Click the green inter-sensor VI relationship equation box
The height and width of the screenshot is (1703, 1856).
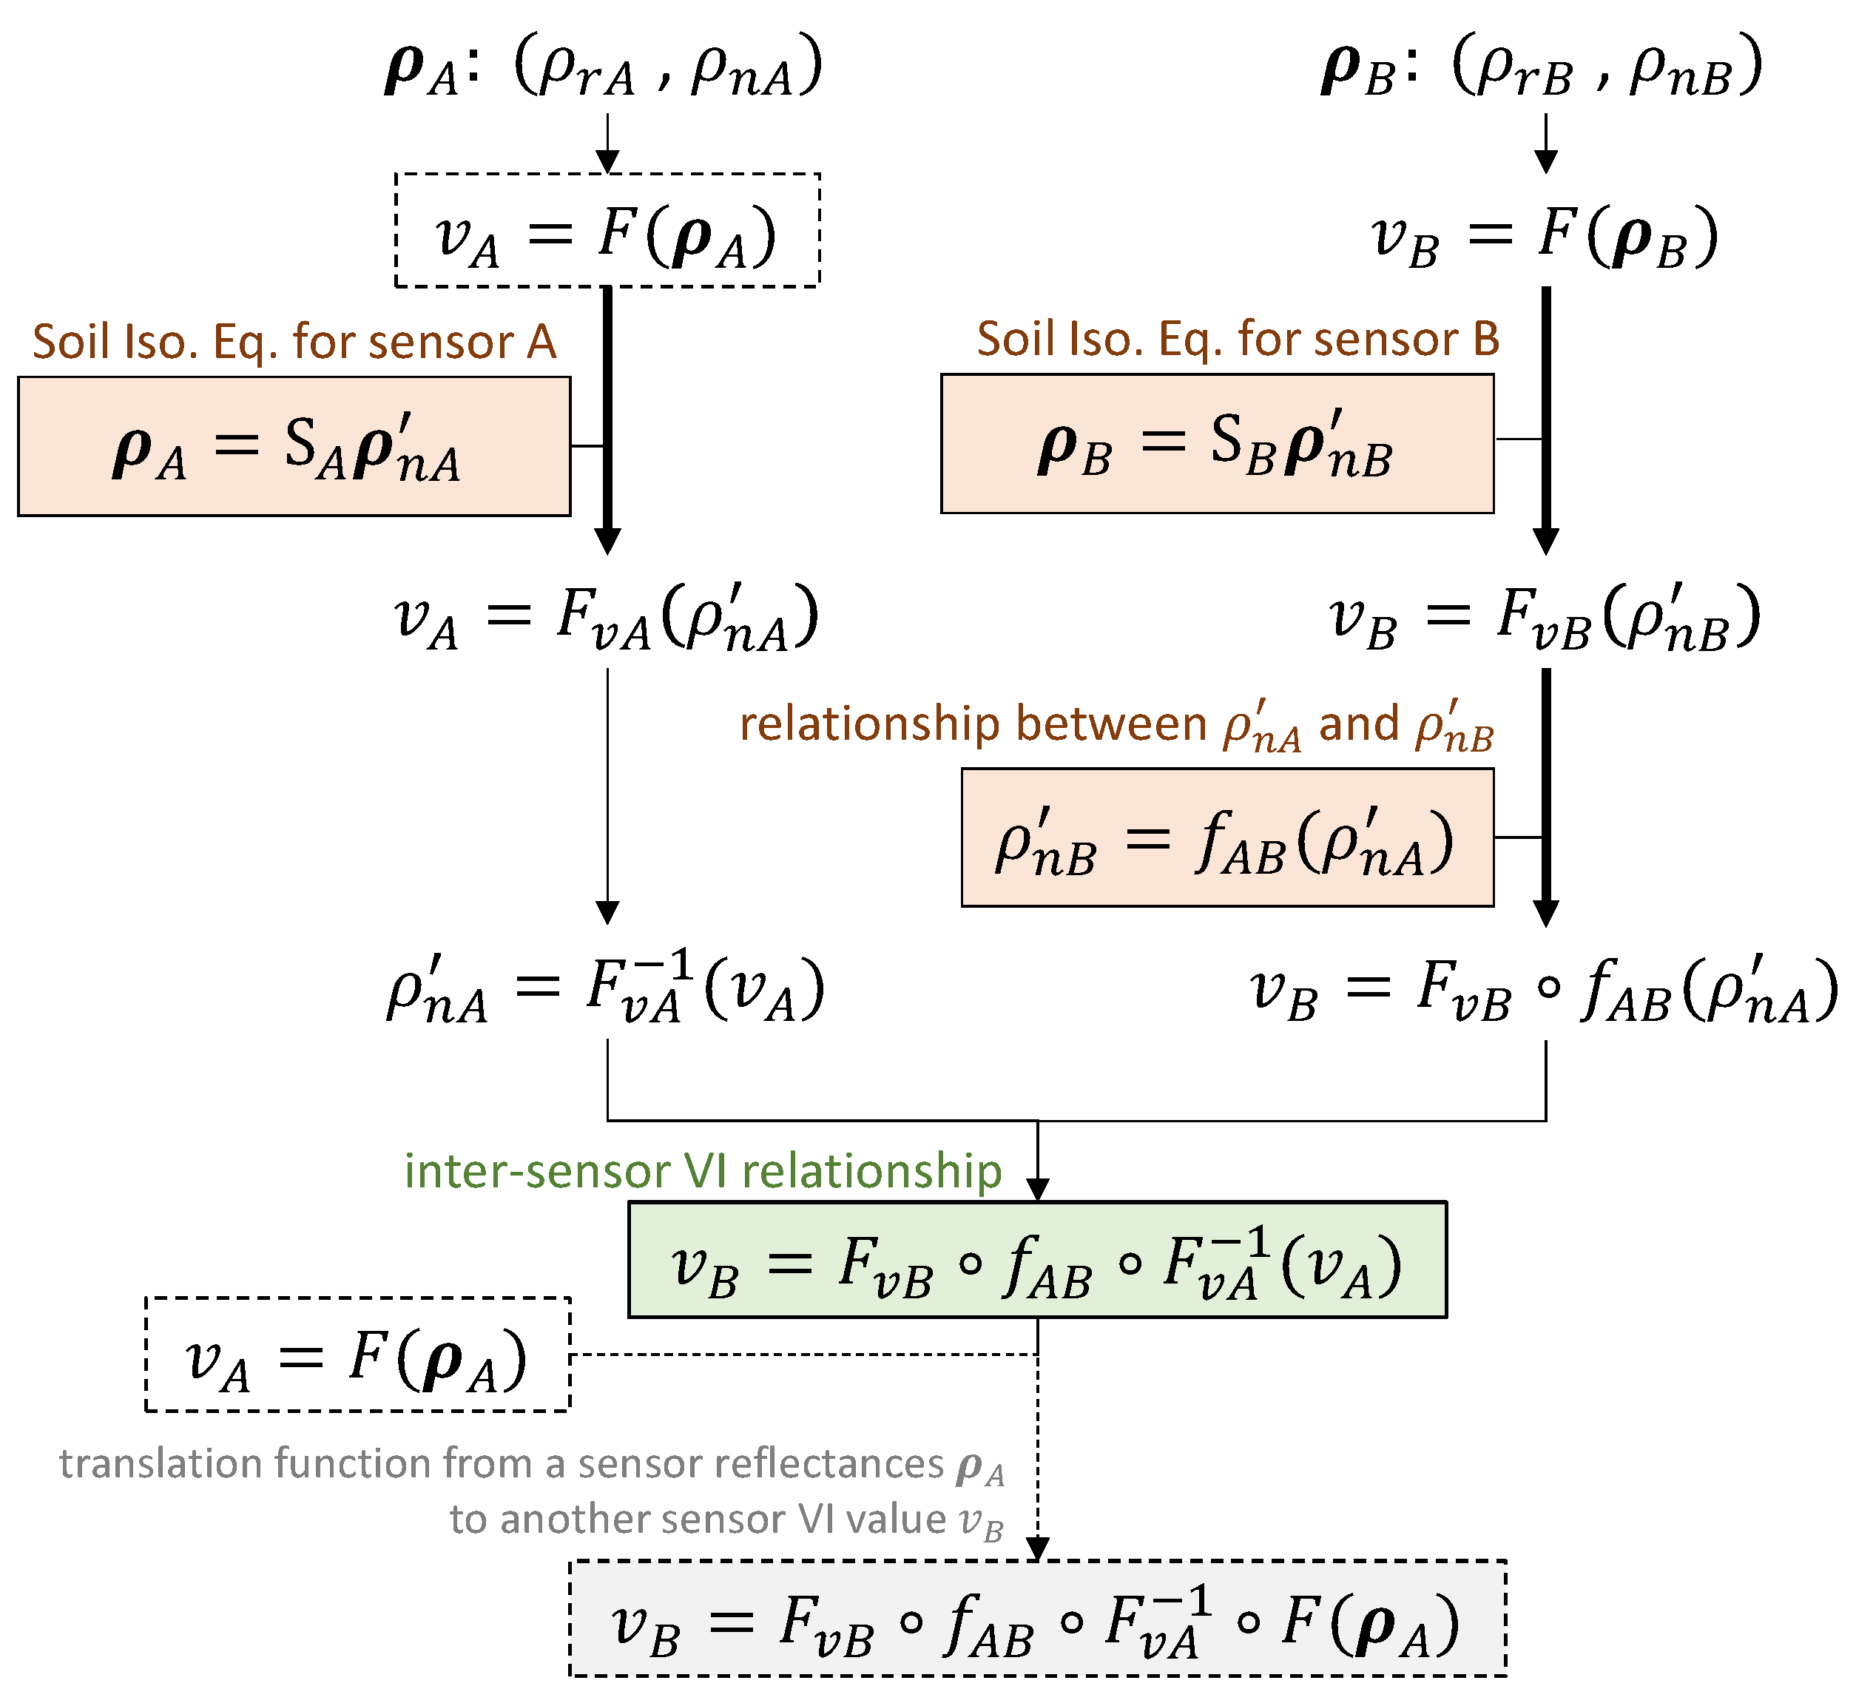click(x=1037, y=1260)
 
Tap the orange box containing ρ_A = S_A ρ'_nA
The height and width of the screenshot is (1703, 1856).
click(x=294, y=446)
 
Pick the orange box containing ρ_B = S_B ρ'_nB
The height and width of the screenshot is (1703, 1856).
click(x=1216, y=443)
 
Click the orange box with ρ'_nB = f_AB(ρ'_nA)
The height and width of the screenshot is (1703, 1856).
click(x=1226, y=837)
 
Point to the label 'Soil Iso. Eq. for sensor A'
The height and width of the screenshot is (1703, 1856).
click(x=294, y=342)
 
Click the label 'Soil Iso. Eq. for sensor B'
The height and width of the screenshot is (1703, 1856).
click(x=1238, y=339)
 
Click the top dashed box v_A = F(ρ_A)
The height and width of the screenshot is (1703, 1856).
click(x=607, y=230)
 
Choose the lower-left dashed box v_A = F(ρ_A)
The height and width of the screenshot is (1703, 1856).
click(x=357, y=1355)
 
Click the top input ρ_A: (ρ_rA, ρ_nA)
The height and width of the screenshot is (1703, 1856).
click(x=604, y=67)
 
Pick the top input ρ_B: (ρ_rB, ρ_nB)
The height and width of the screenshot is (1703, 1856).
click(x=1541, y=67)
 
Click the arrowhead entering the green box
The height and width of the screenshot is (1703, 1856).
click(x=1038, y=1189)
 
